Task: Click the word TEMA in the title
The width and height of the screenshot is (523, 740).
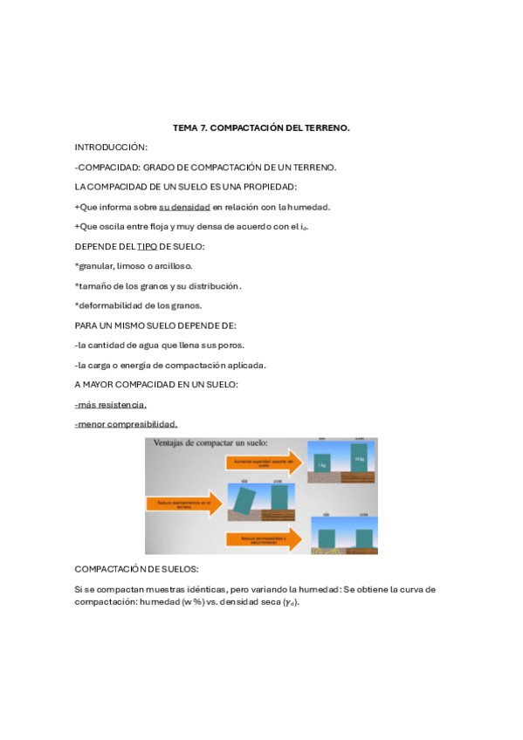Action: coord(185,127)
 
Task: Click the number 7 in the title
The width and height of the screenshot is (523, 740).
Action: coord(204,127)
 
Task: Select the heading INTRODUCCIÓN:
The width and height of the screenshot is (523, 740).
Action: coord(111,147)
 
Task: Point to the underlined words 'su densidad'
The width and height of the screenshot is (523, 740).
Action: coord(184,207)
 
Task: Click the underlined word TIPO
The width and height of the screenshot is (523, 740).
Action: coord(147,246)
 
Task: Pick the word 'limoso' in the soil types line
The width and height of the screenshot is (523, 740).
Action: coord(133,265)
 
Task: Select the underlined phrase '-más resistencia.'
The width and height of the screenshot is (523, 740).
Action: coord(111,404)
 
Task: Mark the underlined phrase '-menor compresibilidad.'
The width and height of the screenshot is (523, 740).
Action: coord(126,424)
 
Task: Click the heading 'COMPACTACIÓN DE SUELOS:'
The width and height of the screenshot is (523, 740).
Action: coord(131,569)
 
